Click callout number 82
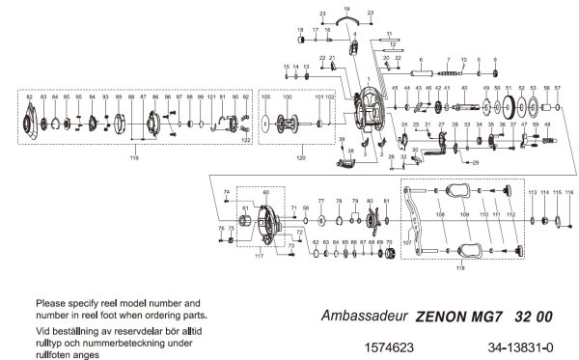pyautogui.click(x=30, y=98)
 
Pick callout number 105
pyautogui.click(x=266, y=98)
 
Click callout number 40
pyautogui.click(x=453, y=88)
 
